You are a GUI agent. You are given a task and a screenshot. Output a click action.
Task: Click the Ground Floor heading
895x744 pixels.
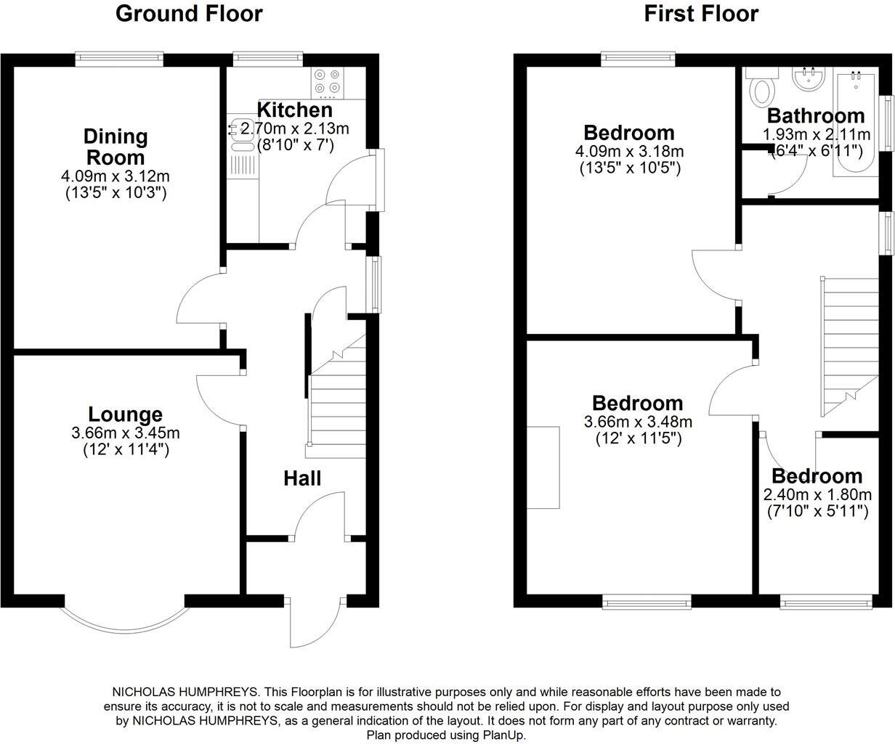(x=189, y=13)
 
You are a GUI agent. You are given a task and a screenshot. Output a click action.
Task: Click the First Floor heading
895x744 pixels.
(x=701, y=13)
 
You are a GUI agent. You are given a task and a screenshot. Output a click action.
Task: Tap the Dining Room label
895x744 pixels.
(x=115, y=146)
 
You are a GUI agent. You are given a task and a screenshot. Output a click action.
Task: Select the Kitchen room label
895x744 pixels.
(x=295, y=110)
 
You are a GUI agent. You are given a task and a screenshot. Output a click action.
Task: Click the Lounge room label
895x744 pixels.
(x=125, y=414)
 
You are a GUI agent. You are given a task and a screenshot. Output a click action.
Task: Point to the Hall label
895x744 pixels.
(x=301, y=478)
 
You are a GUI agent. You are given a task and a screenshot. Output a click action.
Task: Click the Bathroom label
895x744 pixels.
(x=816, y=115)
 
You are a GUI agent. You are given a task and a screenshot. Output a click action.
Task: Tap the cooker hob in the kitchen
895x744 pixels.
(x=327, y=83)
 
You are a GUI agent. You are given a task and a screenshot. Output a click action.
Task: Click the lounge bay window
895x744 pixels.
(x=125, y=617)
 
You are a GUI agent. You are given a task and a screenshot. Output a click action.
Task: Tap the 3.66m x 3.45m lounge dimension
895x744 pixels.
(x=125, y=433)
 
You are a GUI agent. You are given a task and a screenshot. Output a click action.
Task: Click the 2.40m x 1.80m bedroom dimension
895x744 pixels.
(x=817, y=495)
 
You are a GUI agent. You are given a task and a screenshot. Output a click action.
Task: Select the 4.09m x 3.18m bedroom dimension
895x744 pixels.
(x=629, y=152)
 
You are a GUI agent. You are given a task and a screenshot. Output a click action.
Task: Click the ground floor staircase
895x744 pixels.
(x=336, y=406)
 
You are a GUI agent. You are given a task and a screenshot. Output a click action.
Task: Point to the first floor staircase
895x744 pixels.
(x=846, y=341)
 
